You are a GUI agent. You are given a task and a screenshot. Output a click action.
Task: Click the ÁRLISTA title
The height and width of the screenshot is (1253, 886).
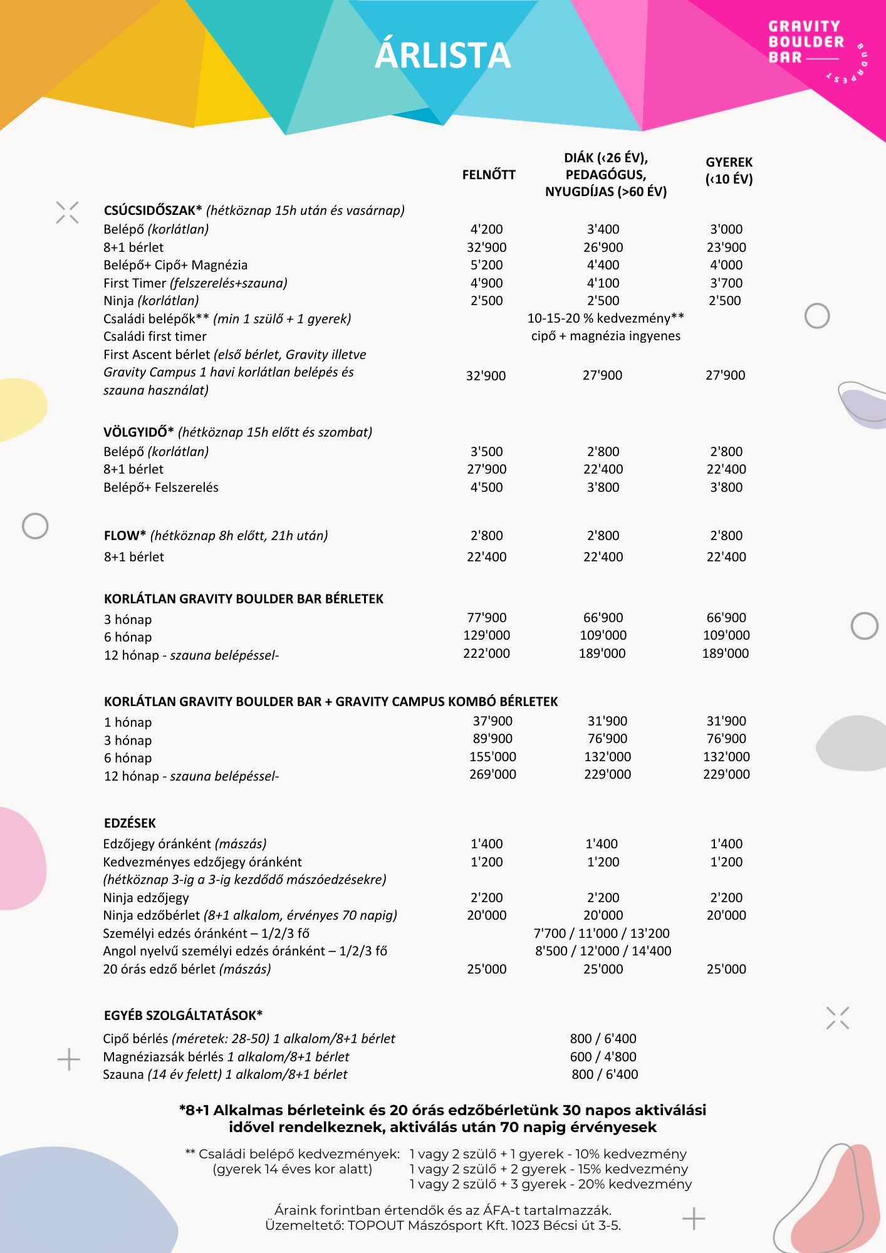click(442, 55)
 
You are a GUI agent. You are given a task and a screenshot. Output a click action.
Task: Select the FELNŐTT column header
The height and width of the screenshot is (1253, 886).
click(489, 175)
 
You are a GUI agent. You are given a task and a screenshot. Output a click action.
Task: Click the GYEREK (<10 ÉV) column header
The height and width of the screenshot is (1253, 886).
click(729, 170)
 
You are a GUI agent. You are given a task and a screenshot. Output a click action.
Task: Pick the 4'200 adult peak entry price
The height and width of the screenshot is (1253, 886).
click(486, 229)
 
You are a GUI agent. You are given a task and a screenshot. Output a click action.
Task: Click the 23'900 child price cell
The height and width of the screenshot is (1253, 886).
click(726, 247)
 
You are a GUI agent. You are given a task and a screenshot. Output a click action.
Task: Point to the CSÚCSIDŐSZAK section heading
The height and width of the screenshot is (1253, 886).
click(153, 211)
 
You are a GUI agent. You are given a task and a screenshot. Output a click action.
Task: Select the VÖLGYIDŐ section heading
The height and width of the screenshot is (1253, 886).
click(138, 432)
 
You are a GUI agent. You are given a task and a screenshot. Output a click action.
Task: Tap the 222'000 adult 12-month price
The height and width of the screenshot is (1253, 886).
click(486, 653)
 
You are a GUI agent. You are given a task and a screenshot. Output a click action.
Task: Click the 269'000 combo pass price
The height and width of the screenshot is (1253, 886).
click(493, 774)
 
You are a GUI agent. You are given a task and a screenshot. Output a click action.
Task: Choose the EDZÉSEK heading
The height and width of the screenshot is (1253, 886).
click(130, 823)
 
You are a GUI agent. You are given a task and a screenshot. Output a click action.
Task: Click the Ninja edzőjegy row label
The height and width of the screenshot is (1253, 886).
click(146, 898)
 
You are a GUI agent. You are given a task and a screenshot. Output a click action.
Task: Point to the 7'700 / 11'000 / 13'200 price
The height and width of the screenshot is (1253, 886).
click(602, 933)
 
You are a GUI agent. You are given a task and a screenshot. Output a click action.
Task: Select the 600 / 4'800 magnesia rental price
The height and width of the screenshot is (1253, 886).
click(603, 1057)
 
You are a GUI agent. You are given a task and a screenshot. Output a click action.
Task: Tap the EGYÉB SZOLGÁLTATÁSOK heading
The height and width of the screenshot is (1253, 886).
click(183, 1016)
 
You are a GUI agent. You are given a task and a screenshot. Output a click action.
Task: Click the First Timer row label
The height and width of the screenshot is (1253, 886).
click(135, 283)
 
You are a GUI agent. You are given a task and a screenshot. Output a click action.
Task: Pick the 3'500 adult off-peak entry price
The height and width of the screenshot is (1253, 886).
click(486, 452)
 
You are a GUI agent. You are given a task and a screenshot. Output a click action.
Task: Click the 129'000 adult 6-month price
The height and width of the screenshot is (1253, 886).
click(486, 635)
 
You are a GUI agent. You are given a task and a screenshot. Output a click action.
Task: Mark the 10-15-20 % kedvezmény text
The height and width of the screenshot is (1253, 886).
click(605, 318)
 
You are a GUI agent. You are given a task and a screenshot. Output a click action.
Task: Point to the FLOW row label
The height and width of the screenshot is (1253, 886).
click(125, 536)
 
